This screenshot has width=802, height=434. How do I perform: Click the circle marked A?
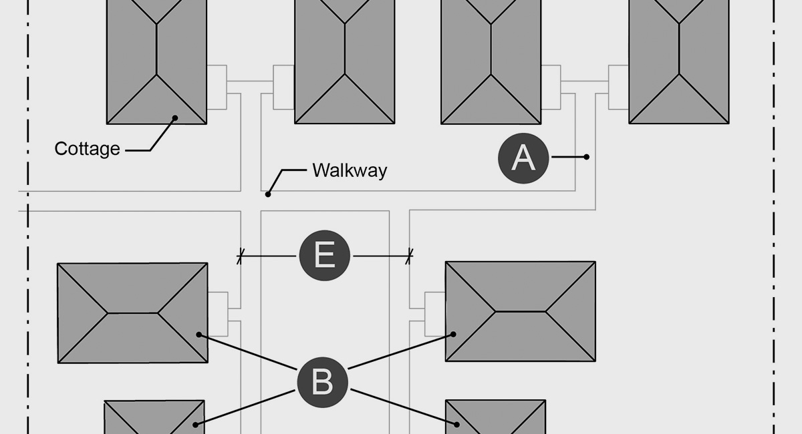point(523,158)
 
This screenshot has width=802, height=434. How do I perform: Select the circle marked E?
point(324,256)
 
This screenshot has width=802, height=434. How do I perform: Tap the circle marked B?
point(322,383)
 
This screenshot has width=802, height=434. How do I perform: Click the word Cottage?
point(87,149)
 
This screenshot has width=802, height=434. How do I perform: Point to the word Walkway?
point(349,170)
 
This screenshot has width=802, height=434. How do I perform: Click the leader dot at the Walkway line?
point(268,194)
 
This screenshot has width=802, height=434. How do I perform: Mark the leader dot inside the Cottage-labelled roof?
point(175,118)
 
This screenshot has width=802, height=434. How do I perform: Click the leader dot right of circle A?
point(587,157)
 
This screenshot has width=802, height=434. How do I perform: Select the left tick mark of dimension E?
point(240,256)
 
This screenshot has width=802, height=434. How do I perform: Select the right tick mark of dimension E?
point(409,256)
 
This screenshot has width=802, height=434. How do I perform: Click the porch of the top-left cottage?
point(217,87)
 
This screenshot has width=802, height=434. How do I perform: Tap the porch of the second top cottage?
point(284,87)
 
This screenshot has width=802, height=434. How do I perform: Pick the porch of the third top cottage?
point(551,87)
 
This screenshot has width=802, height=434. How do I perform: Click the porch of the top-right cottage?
point(618,87)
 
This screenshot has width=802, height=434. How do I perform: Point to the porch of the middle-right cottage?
point(435,312)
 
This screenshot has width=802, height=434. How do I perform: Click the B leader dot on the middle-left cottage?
point(198,334)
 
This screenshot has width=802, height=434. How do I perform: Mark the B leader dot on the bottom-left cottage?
point(195,424)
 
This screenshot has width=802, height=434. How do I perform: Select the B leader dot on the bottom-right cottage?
point(457,424)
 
